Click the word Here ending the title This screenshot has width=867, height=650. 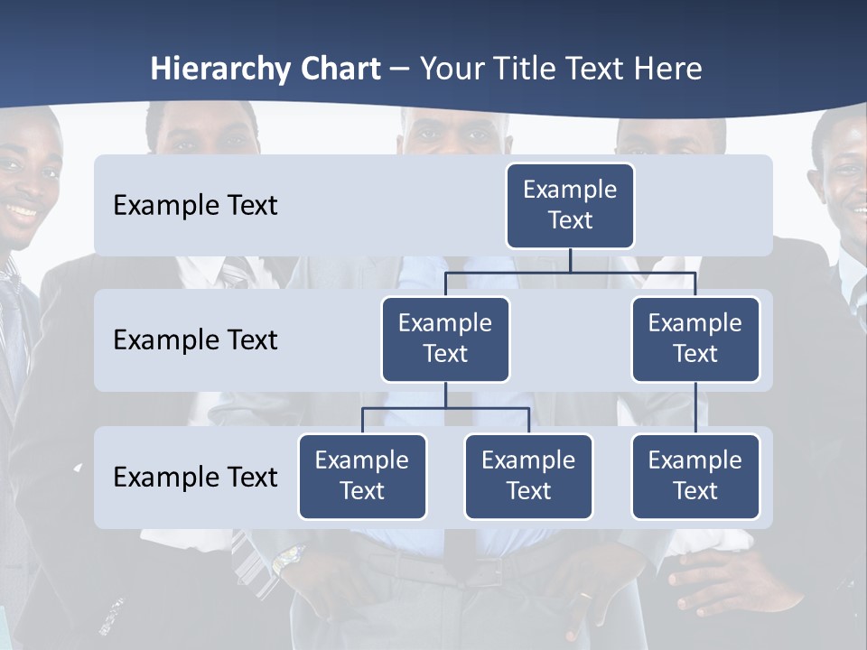pos(667,70)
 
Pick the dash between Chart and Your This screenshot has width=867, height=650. pos(399,70)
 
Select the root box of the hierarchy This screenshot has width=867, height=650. pos(570,205)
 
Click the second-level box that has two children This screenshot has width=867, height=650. pos(445,339)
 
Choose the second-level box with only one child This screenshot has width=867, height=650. pos(695,339)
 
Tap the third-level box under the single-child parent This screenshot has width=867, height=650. pos(695,476)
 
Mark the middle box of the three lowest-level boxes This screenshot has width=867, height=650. pos(528,476)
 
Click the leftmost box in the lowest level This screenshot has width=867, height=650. pos(362,476)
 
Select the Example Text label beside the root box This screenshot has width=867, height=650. pos(195,205)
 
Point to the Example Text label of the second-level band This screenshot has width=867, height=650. pos(195,339)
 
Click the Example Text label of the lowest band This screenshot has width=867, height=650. pos(195,477)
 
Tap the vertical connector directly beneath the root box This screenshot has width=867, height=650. pos(570,260)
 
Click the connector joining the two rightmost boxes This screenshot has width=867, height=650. pos(695,407)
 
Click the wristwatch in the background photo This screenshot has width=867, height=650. pos(287,561)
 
